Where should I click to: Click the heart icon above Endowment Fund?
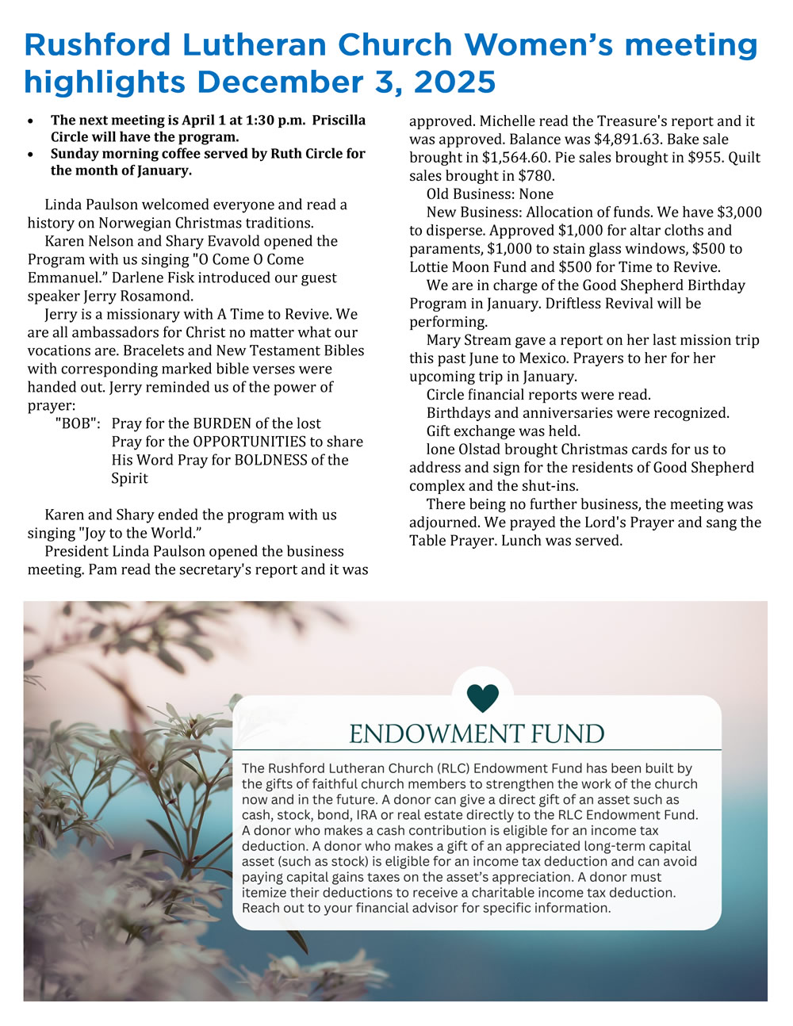pos(483,698)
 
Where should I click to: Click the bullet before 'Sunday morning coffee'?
pos(31,155)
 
